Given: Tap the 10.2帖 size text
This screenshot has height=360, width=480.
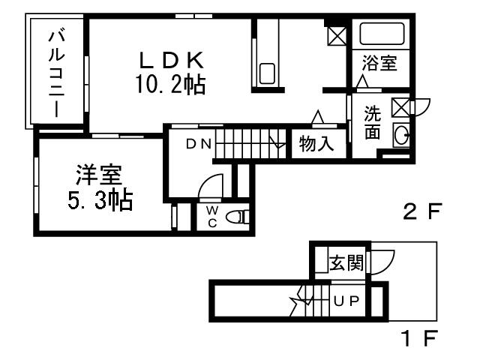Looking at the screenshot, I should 171,82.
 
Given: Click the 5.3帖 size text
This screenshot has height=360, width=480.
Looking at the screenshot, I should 97,200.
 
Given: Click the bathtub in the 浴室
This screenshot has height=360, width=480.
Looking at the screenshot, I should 381,34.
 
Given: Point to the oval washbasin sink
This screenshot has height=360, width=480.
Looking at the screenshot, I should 402,135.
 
